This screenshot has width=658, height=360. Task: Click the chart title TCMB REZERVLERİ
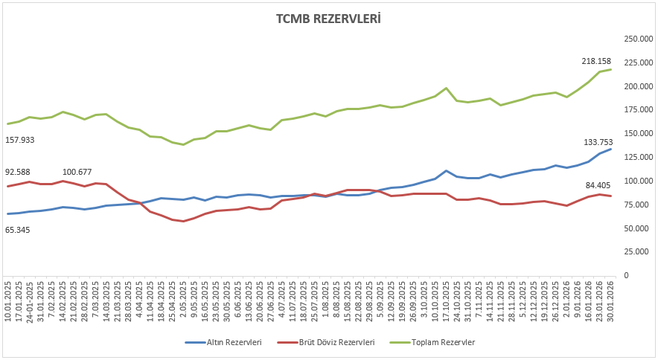pos(328,19)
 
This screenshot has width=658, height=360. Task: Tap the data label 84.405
pos(599,185)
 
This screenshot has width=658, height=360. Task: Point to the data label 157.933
pos(20,140)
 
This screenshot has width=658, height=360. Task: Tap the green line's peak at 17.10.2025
pos(446,88)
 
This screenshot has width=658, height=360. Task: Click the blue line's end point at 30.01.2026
pos(611,149)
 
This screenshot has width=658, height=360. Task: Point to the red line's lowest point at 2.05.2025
pos(183,221)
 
